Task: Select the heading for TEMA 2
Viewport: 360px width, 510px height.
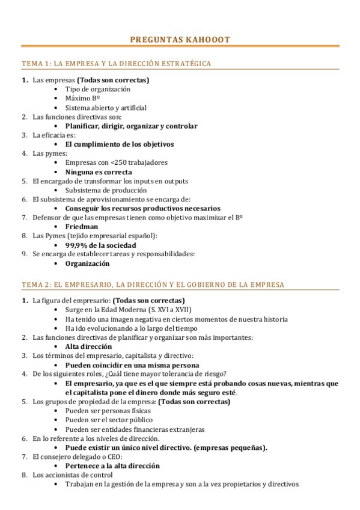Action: (x=153, y=284)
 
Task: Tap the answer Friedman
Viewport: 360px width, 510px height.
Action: (x=81, y=227)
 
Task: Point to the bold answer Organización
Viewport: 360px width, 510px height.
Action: (x=87, y=263)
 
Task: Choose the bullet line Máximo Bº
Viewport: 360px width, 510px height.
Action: (x=82, y=98)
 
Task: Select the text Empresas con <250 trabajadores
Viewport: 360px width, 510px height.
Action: (x=116, y=162)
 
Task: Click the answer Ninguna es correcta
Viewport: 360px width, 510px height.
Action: (x=99, y=172)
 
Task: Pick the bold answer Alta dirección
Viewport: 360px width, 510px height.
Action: (x=88, y=346)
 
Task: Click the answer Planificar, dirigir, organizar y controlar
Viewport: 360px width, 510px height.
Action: (x=131, y=126)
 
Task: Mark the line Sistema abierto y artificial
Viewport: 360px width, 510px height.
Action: (x=106, y=108)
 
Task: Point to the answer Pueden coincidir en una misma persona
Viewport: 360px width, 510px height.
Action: (x=132, y=365)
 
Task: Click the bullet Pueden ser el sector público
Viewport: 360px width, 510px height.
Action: (x=109, y=420)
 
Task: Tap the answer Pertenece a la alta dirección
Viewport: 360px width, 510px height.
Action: (x=112, y=465)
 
